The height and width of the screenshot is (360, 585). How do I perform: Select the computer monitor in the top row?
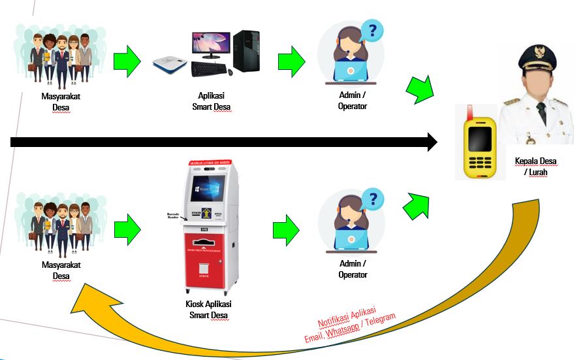[x=211, y=44]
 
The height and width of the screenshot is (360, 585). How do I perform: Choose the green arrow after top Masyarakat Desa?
[x=127, y=61]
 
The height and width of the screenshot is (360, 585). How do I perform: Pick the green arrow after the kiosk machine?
[x=285, y=228]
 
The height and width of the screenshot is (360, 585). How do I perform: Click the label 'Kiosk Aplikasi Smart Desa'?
[x=209, y=309]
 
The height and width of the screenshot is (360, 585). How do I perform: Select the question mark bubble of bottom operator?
[x=372, y=198]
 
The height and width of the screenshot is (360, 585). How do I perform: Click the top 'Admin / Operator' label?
[x=352, y=100]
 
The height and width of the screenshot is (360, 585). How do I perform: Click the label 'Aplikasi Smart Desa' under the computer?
[x=212, y=101]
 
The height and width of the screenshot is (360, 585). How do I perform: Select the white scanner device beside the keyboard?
[x=170, y=64]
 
